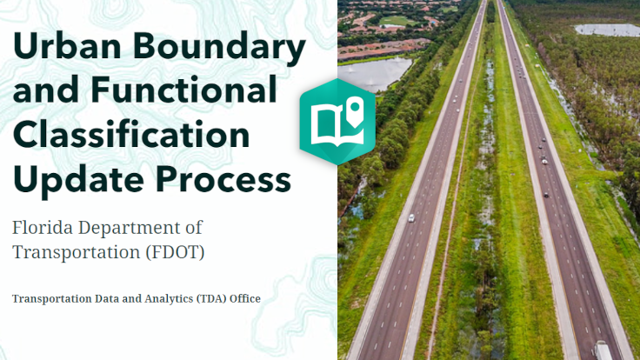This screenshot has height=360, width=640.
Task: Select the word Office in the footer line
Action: (244, 299)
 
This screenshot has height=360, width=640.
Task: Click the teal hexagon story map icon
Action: (337, 121)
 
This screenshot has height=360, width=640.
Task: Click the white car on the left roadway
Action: (410, 218)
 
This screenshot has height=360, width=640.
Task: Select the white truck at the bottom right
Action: (602, 350)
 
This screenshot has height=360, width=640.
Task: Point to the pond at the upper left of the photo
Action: (375, 73)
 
